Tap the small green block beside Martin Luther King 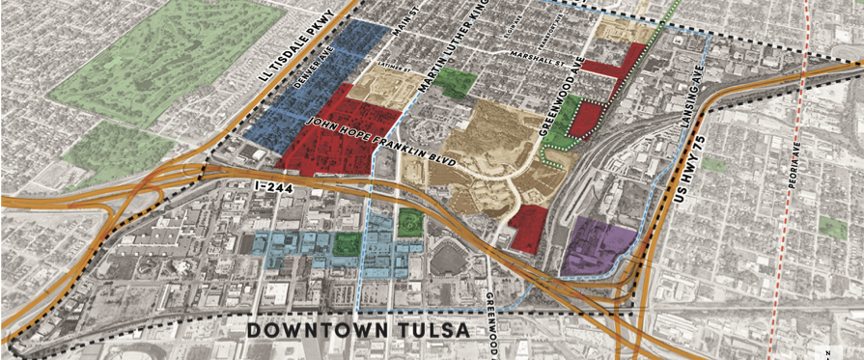(455, 84)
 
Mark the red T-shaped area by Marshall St (618, 64)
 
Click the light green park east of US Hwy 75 (833, 227)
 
